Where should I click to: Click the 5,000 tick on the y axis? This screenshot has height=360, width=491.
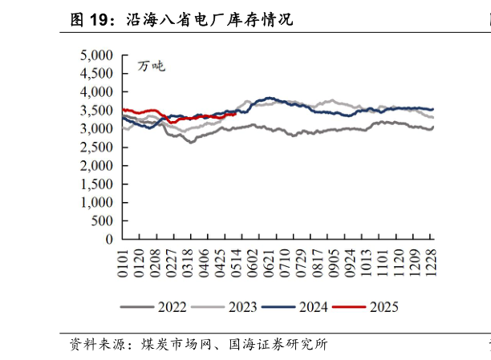[x=99, y=55]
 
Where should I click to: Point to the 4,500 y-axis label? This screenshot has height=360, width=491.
[x=99, y=74]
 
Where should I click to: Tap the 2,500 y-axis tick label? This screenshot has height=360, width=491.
[x=99, y=148]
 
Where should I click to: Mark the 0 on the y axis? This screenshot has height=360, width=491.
[x=112, y=239]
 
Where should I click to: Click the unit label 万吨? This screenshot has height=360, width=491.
[x=150, y=66]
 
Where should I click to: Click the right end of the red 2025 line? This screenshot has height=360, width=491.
[x=234, y=114]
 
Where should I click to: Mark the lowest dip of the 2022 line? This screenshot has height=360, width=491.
[x=191, y=142]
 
